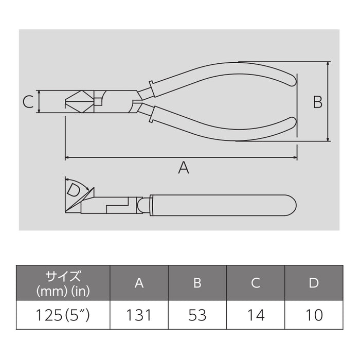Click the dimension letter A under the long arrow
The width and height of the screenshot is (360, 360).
click(x=183, y=167)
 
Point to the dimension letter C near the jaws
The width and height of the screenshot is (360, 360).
click(x=28, y=102)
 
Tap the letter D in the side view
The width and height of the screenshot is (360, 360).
click(x=74, y=190)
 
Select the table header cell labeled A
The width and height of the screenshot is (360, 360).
click(x=139, y=282)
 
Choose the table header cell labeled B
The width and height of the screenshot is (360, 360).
click(x=197, y=282)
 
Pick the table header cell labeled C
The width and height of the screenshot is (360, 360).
click(x=256, y=282)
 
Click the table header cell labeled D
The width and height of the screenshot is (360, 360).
click(x=314, y=282)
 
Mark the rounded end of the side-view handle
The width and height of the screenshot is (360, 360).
click(x=291, y=205)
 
